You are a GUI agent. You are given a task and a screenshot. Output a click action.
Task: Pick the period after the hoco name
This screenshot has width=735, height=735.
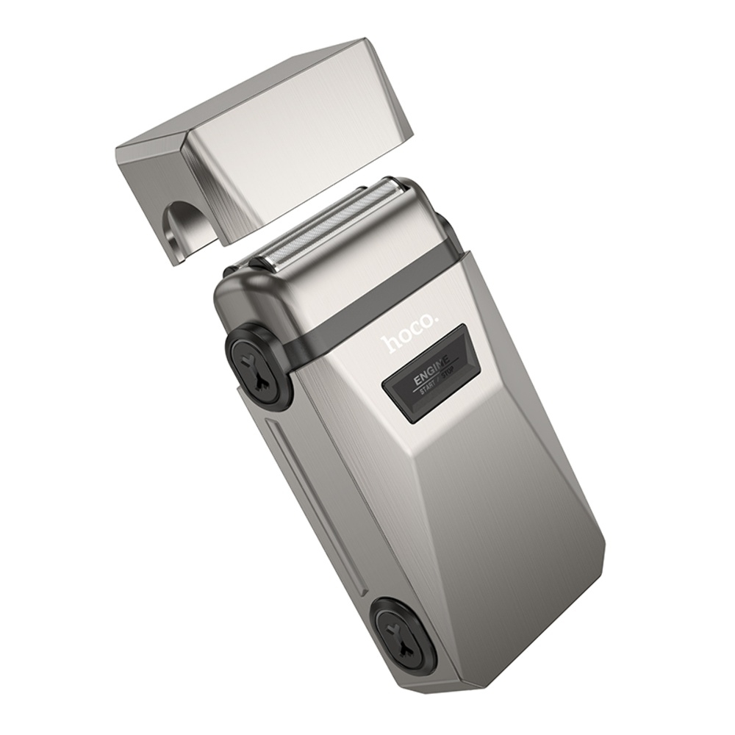[x=436, y=317]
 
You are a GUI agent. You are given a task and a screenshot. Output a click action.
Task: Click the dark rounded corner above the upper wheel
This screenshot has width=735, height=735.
[x=239, y=298]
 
